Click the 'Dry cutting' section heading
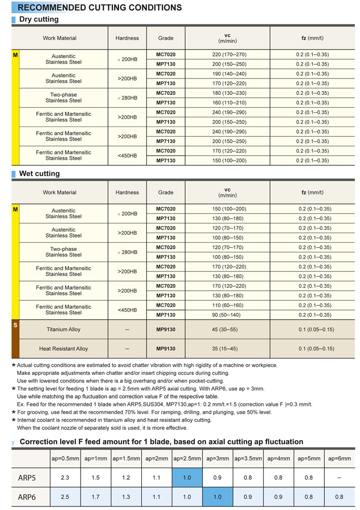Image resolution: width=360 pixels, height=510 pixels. click(39, 19)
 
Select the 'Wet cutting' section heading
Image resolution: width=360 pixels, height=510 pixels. click(39, 173)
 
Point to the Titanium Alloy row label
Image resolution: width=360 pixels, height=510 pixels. click(64, 329)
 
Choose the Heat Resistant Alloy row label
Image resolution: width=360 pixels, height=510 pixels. click(64, 349)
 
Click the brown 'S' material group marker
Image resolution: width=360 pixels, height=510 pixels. click(15, 325)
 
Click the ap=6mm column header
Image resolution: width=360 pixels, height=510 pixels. click(340, 458)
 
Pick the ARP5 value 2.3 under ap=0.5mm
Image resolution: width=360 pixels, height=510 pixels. click(65, 478)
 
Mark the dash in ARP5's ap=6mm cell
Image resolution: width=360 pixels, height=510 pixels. click(340, 478)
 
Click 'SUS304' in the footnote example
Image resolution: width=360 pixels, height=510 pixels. click(156, 404)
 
